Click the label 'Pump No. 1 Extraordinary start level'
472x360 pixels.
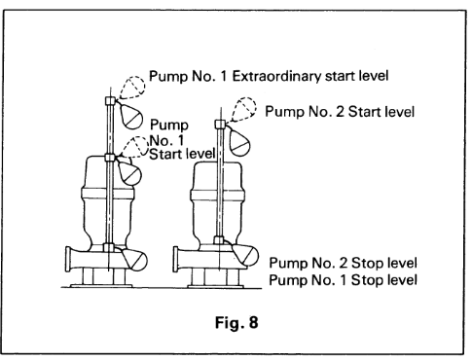[269, 77]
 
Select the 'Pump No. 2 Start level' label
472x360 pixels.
[340, 112]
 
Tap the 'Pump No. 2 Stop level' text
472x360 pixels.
[343, 263]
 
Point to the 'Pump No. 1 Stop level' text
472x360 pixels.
[343, 280]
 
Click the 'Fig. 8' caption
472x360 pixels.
[236, 322]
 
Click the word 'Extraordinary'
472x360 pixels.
[276, 77]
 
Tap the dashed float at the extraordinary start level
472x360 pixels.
[132, 88]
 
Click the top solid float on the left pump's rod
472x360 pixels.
[130, 116]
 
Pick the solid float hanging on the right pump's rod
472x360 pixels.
[239, 142]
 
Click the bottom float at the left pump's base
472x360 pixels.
[134, 259]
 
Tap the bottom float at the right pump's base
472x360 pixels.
[245, 254]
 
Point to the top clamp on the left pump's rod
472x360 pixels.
[110, 100]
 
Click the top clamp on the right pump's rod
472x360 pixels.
[220, 124]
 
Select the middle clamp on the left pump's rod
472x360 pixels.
[110, 158]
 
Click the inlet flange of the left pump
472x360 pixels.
[68, 259]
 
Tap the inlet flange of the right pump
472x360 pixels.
[176, 260]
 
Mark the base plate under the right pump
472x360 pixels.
[215, 286]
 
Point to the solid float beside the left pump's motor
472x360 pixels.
[129, 173]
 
